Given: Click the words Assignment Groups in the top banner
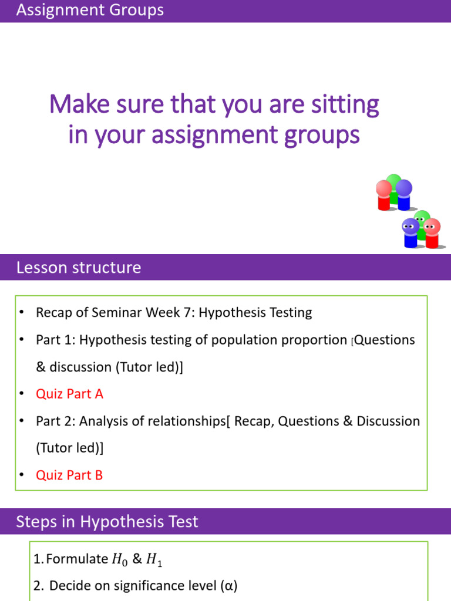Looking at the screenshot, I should coord(90,10).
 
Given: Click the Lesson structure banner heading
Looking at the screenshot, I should coord(79,268).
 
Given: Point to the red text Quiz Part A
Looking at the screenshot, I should coord(69,394).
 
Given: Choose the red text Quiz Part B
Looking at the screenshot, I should coord(69,475).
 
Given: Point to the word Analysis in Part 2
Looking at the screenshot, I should coord(102,421).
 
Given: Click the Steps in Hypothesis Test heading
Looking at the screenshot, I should coord(107,522).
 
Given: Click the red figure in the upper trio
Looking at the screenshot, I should coord(384,194).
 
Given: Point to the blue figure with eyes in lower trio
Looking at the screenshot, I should coord(410,232).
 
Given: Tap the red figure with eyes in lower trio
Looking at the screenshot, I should coord(432,232).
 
